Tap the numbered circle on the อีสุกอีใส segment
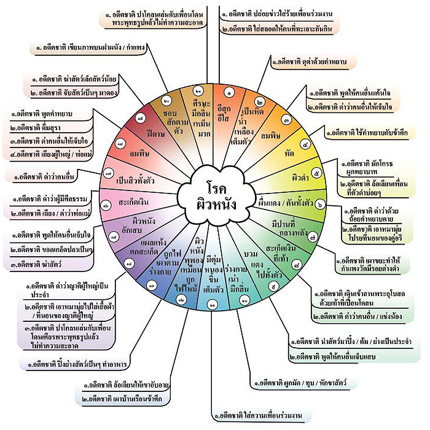tap(229, 93)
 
